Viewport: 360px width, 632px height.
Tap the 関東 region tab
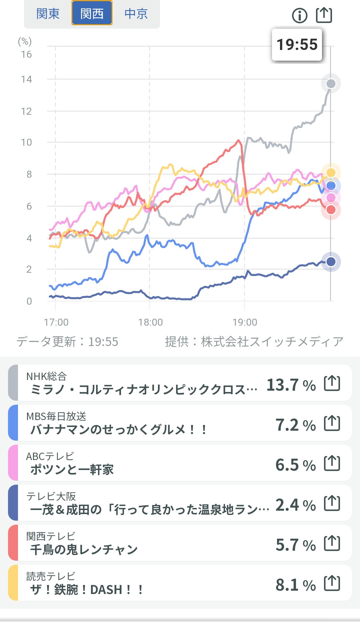pyautogui.click(x=48, y=14)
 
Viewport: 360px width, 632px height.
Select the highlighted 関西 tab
pyautogui.click(x=92, y=14)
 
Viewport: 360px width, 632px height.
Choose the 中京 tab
pyautogui.click(x=136, y=14)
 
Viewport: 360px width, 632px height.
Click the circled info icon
pyautogui.click(x=300, y=15)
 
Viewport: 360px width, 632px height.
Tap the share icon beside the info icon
pyautogui.click(x=324, y=15)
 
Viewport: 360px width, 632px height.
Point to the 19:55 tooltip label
pyautogui.click(x=297, y=45)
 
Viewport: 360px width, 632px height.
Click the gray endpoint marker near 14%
pyautogui.click(x=331, y=83)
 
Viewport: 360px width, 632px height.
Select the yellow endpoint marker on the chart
pyautogui.click(x=331, y=172)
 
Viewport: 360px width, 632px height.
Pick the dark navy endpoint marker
pyautogui.click(x=331, y=262)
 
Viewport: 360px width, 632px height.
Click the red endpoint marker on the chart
pyautogui.click(x=331, y=210)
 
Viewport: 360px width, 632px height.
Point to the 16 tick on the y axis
pyautogui.click(x=26, y=54)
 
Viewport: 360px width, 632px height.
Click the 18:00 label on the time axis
pyautogui.click(x=150, y=322)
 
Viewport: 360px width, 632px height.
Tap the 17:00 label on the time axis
pyautogui.click(x=56, y=322)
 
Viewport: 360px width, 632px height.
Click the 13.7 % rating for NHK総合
pyautogui.click(x=291, y=385)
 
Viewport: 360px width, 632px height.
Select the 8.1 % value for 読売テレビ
pyautogui.click(x=295, y=585)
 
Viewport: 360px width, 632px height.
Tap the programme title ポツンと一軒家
pyautogui.click(x=72, y=469)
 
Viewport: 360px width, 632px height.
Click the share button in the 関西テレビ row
pyautogui.click(x=332, y=543)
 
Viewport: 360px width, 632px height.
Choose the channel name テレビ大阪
pyautogui.click(x=51, y=496)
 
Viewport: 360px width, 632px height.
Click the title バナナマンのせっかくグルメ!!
pyautogui.click(x=118, y=429)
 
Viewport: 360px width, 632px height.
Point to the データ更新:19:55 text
pyautogui.click(x=67, y=342)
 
